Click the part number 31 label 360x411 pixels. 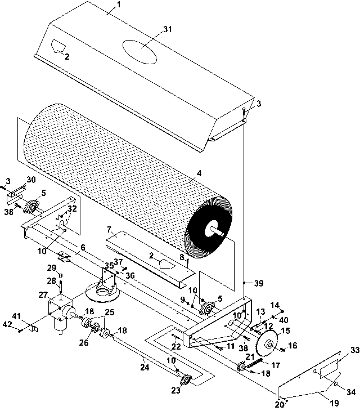167,29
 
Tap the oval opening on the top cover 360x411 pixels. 139,52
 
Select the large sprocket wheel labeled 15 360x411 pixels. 267,344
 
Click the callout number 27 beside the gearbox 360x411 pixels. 43,295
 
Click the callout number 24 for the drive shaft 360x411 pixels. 145,368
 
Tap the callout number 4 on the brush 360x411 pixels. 199,173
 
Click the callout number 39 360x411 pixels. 259,283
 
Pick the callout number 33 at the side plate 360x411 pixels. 355,350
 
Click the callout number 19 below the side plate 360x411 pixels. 334,403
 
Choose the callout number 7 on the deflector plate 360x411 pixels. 109,230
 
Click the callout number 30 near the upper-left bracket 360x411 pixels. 31,180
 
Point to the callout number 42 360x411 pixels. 7,324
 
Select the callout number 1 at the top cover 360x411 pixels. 118,5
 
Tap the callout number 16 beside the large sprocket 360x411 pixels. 292,346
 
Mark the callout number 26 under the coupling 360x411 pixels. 84,342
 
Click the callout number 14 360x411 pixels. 275,305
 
